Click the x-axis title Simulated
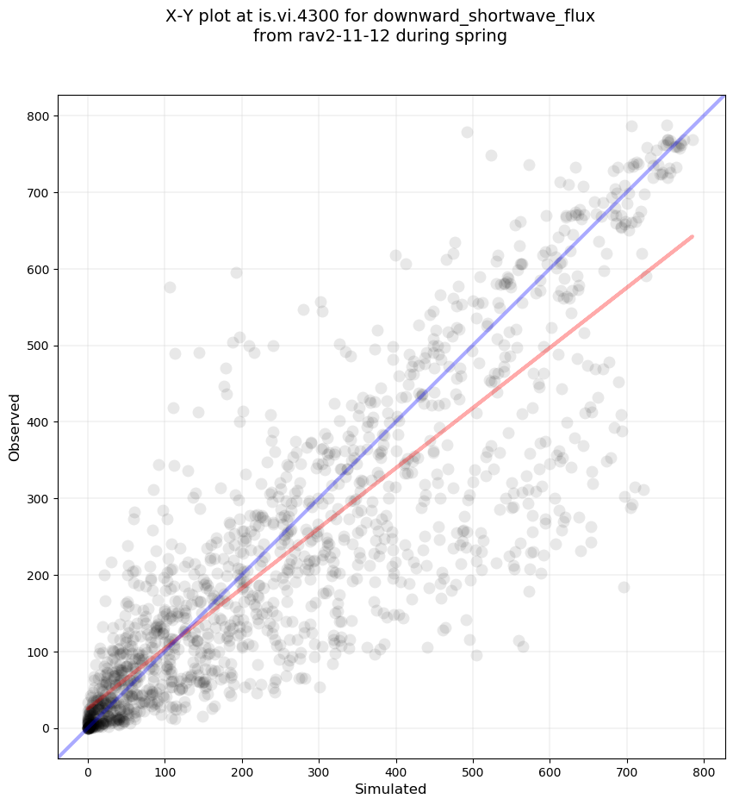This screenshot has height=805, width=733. [x=391, y=789]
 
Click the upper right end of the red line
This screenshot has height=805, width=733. [x=693, y=236]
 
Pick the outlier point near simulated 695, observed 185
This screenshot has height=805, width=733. [x=624, y=587]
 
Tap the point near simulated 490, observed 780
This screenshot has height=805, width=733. [x=467, y=132]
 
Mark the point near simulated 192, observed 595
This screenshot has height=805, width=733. [x=236, y=272]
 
